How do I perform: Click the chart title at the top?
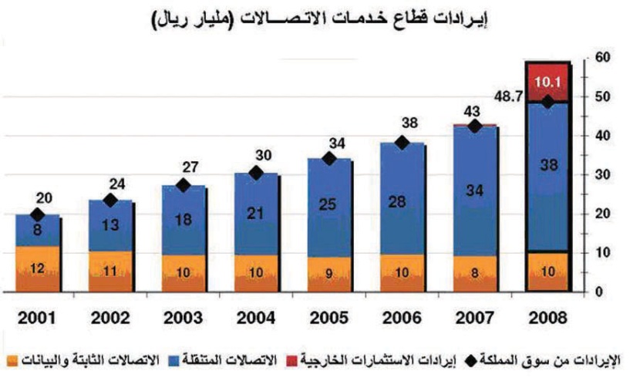pos(319,19)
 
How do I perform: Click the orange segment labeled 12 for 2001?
pos(37,268)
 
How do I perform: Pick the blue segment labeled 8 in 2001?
pos(37,231)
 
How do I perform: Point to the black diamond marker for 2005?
pos(328,158)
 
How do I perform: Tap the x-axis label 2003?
pos(184,317)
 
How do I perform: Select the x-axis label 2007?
pos(474,317)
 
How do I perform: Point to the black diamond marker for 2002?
pos(110,201)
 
